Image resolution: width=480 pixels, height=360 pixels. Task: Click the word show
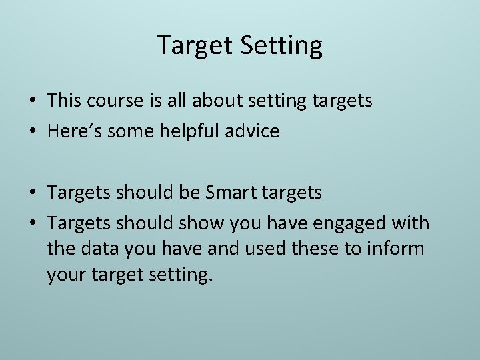(200, 223)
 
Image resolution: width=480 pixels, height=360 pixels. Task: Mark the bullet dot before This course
(32, 101)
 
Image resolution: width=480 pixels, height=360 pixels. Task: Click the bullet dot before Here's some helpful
(32, 132)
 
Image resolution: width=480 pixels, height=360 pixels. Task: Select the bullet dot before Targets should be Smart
(32, 193)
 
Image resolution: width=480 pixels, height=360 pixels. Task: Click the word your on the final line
(66, 275)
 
